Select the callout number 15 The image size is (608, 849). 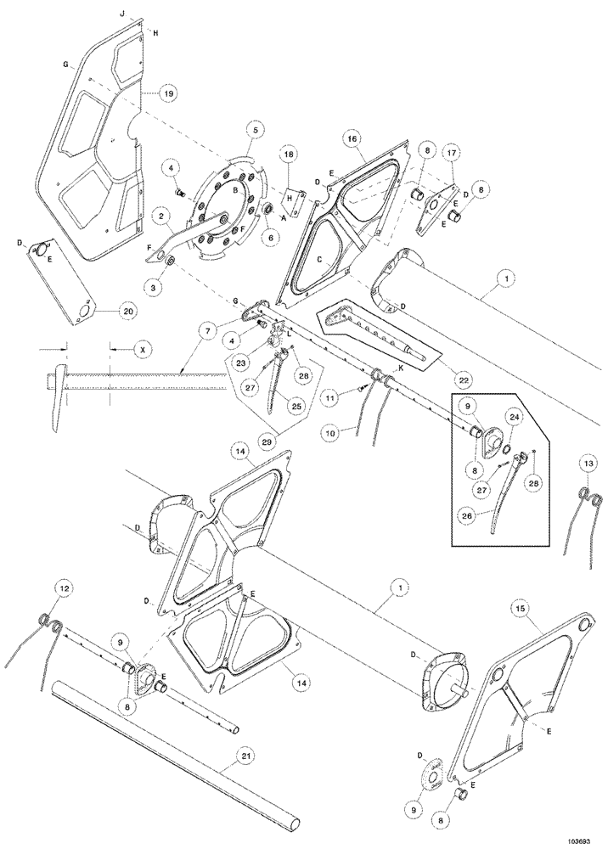point(522,608)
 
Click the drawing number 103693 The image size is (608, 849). point(580,839)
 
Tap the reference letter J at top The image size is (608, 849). point(122,14)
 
